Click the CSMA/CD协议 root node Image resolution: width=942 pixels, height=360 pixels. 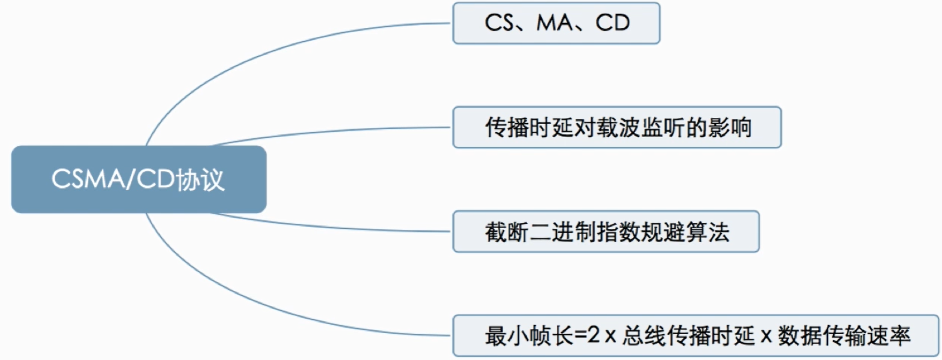(138, 179)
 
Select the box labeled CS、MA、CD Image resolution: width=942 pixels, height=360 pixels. (556, 23)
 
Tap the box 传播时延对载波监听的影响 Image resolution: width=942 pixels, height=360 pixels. (617, 127)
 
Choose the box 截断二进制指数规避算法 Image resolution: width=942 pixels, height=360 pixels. (605, 231)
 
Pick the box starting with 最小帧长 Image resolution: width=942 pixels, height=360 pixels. (696, 336)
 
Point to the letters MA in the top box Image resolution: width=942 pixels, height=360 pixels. (556, 23)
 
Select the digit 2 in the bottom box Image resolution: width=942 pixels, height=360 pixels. (593, 336)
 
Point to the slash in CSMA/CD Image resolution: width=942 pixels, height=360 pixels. (129, 179)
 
